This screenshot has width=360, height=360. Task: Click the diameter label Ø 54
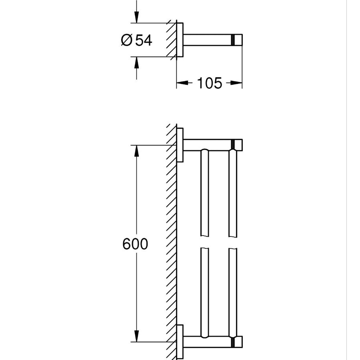[137, 40]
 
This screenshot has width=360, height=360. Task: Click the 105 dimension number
[210, 83]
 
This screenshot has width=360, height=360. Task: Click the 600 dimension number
[135, 244]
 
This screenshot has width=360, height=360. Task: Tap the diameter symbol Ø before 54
[127, 40]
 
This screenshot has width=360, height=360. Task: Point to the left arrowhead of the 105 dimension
[182, 83]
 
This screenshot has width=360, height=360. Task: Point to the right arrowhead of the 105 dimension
[237, 83]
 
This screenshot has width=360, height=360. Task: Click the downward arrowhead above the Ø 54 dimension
[137, 17]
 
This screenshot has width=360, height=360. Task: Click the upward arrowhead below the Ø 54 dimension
[137, 62]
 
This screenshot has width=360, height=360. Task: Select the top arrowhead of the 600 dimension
[137, 150]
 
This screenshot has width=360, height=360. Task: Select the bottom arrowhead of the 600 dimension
[137, 336]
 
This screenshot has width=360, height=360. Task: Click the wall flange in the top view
[180, 40]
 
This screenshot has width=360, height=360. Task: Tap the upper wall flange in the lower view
[180, 145]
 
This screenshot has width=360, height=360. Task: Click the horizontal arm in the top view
[207, 40]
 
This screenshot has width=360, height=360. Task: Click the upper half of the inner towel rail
[205, 193]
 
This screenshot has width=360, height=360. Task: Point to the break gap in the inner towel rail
[205, 242]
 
